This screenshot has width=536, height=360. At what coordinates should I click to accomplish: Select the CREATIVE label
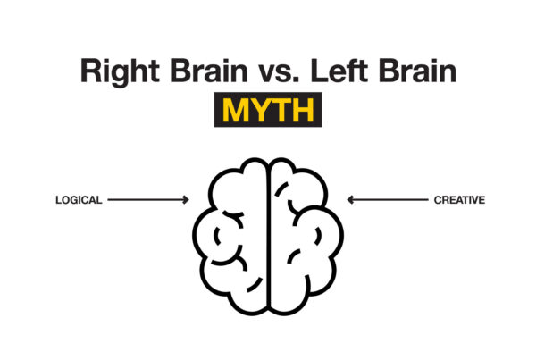coord(459,201)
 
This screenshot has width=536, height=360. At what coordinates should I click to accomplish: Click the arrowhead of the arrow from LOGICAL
coord(185,201)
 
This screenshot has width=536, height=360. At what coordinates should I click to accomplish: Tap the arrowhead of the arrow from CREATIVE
coord(350,201)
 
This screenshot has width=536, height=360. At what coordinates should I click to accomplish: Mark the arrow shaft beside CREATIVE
coord(389,201)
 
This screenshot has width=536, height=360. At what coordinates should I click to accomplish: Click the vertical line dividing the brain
coord(267,232)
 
